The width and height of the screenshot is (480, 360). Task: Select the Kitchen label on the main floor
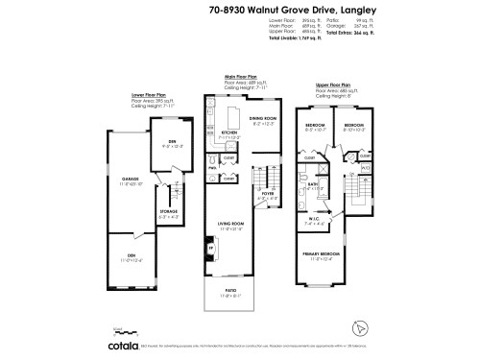(x=230, y=133)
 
